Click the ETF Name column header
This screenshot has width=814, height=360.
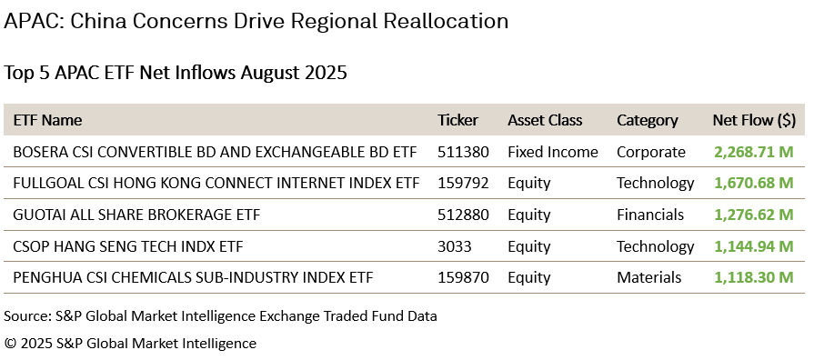47,120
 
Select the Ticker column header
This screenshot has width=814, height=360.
457,120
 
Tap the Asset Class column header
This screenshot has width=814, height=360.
545,120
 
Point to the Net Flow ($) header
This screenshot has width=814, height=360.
754,120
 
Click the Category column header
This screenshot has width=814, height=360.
648,120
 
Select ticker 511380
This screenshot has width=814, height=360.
463,152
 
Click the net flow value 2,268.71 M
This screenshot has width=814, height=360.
754,152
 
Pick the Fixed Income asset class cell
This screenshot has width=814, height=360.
553,152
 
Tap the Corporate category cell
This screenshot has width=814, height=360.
651,152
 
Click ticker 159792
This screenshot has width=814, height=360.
463,183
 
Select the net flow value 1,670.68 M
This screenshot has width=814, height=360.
754,183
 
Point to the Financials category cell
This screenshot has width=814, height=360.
650,215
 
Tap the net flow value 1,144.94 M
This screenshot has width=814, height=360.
754,246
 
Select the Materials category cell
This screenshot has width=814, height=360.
649,277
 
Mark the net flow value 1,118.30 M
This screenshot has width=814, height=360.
754,277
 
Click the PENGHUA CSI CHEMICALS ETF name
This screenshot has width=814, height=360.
193,277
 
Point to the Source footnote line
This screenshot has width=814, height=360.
221,316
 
